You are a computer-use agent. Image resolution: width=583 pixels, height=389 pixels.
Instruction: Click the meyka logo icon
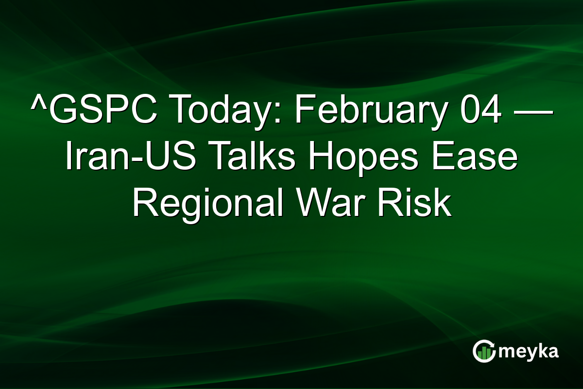coord(484,351)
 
